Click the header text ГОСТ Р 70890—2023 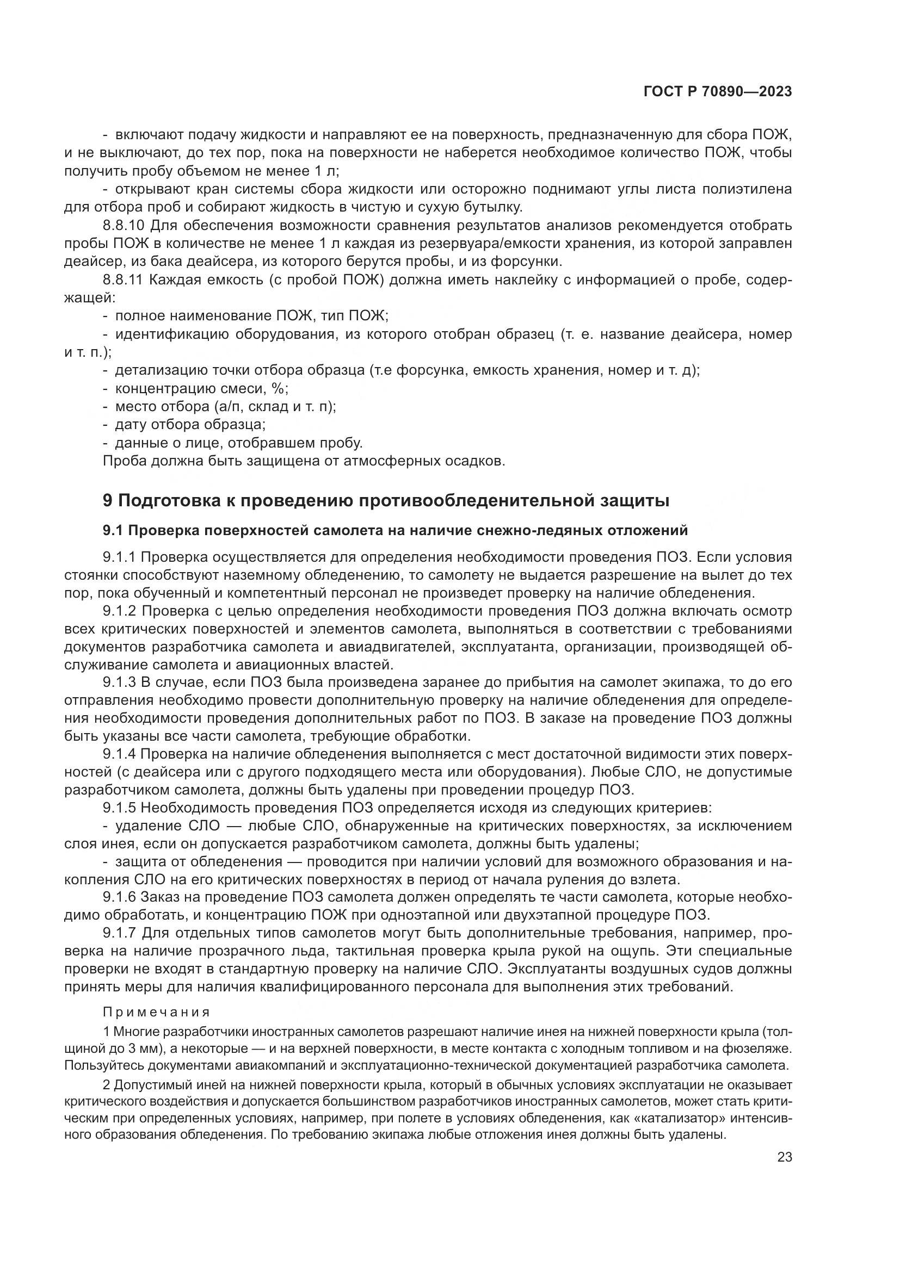[717, 92]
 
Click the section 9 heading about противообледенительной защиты [386, 500]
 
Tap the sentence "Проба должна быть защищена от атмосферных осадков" [304, 461]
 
